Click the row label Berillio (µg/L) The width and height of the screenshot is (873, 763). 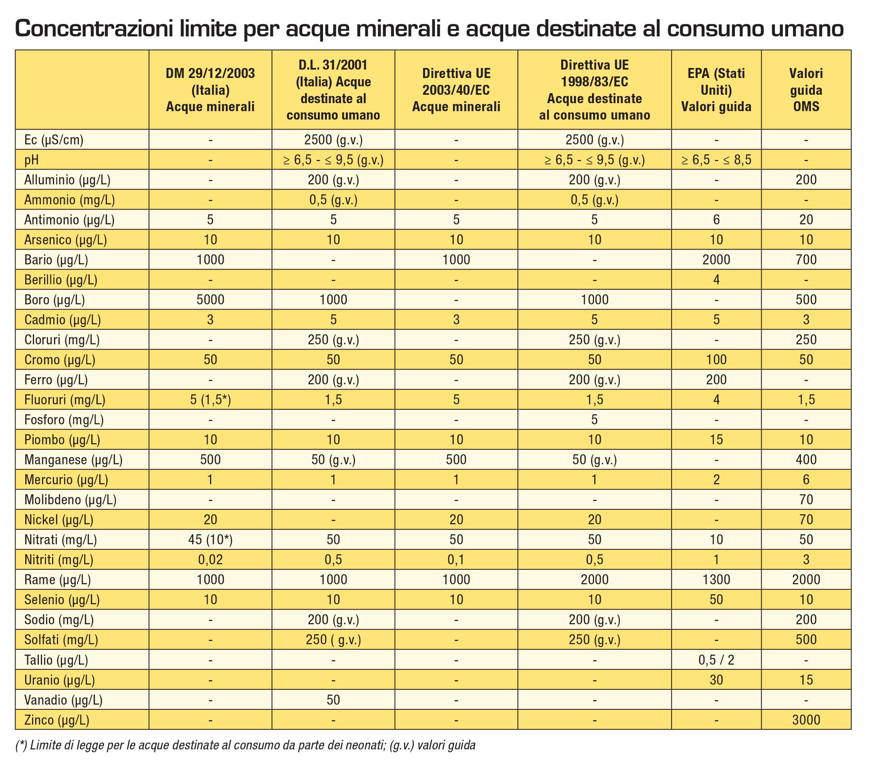pyautogui.click(x=60, y=280)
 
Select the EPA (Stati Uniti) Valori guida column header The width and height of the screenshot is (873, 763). pyautogui.click(x=716, y=90)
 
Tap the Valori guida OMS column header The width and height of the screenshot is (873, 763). pyautogui.click(x=806, y=90)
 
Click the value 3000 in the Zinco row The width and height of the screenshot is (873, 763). pyautogui.click(x=806, y=719)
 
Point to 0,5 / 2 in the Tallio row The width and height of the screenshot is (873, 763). pyautogui.click(x=716, y=660)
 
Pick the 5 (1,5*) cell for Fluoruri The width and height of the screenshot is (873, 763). pyautogui.click(x=210, y=400)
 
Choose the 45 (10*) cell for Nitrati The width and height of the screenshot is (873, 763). pyautogui.click(x=210, y=540)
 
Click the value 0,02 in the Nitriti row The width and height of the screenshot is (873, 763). pyautogui.click(x=210, y=560)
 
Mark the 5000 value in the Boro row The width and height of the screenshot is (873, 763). pyautogui.click(x=210, y=300)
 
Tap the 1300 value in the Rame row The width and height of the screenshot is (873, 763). pyautogui.click(x=716, y=579)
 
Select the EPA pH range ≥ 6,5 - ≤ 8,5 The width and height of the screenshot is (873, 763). pyautogui.click(x=716, y=160)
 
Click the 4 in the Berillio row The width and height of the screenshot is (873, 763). pyautogui.click(x=716, y=280)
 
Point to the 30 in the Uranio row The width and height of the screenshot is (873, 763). pyautogui.click(x=716, y=679)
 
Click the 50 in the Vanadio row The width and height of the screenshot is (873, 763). pyautogui.click(x=333, y=699)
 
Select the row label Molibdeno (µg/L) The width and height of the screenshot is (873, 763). pyautogui.click(x=70, y=500)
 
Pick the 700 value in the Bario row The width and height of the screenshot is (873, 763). pyautogui.click(x=806, y=260)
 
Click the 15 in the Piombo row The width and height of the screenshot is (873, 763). pyautogui.click(x=716, y=440)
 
